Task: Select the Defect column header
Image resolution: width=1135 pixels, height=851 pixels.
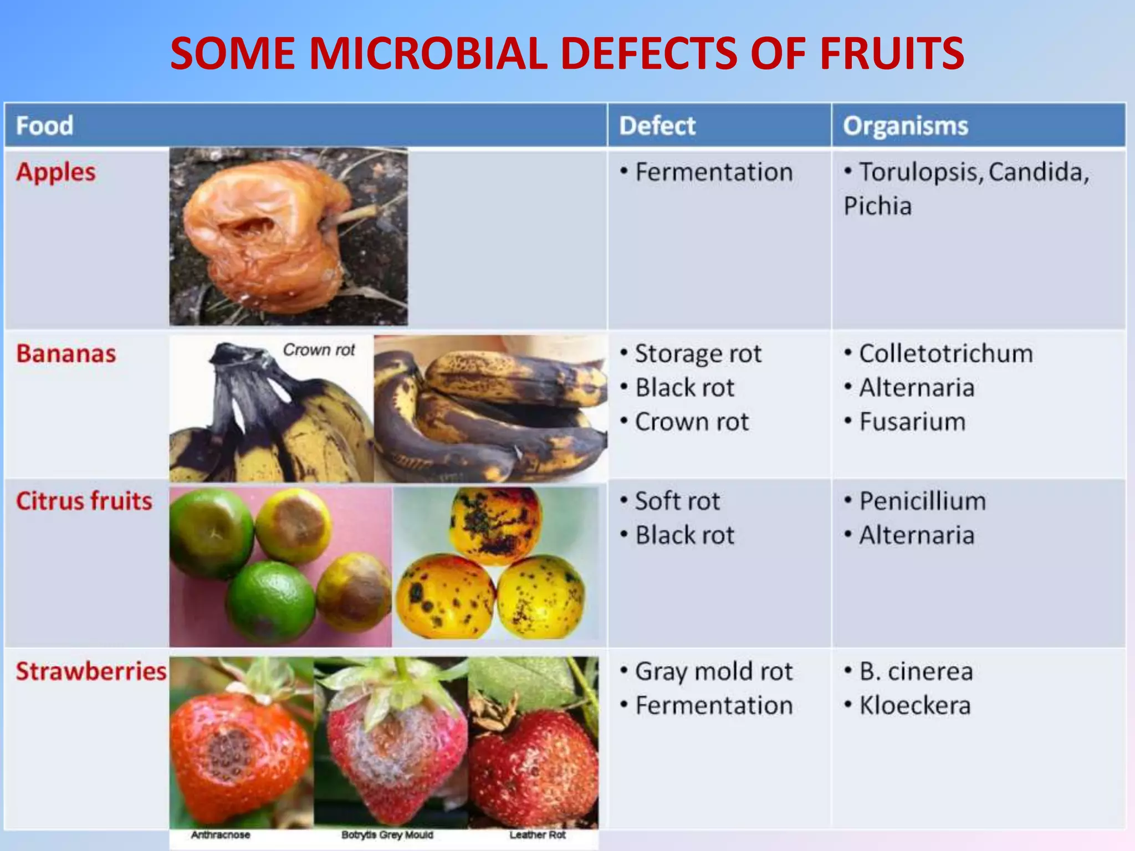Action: [x=657, y=126]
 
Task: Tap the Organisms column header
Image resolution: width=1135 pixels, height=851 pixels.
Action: [x=906, y=126]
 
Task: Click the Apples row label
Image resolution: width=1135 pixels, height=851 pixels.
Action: [x=55, y=172]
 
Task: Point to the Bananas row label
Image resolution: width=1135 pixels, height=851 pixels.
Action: [x=66, y=353]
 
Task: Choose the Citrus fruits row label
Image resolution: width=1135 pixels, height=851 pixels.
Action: [x=84, y=501]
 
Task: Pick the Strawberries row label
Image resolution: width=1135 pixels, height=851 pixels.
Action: [x=91, y=671]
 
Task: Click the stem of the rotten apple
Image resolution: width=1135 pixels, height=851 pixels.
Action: [x=355, y=214]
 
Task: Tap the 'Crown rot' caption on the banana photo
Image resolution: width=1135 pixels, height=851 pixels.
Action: [x=319, y=350]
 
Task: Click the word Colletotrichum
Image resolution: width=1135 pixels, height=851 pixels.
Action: [x=945, y=353]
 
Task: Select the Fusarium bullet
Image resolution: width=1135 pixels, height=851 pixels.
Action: [x=912, y=422]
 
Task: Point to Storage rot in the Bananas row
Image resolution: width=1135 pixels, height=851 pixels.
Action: [x=698, y=353]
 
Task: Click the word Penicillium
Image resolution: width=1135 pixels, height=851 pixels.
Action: [x=922, y=501]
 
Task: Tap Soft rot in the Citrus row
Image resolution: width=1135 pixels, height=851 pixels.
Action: [x=677, y=501]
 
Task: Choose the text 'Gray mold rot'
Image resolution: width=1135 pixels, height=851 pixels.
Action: [x=714, y=671]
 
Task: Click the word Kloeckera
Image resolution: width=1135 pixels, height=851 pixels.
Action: [x=914, y=705]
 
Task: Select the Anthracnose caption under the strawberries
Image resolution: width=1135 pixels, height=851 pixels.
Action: [x=220, y=835]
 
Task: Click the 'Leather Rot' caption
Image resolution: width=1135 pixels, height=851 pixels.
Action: [x=537, y=835]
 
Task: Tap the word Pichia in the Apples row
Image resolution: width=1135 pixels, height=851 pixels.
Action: [x=877, y=206]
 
